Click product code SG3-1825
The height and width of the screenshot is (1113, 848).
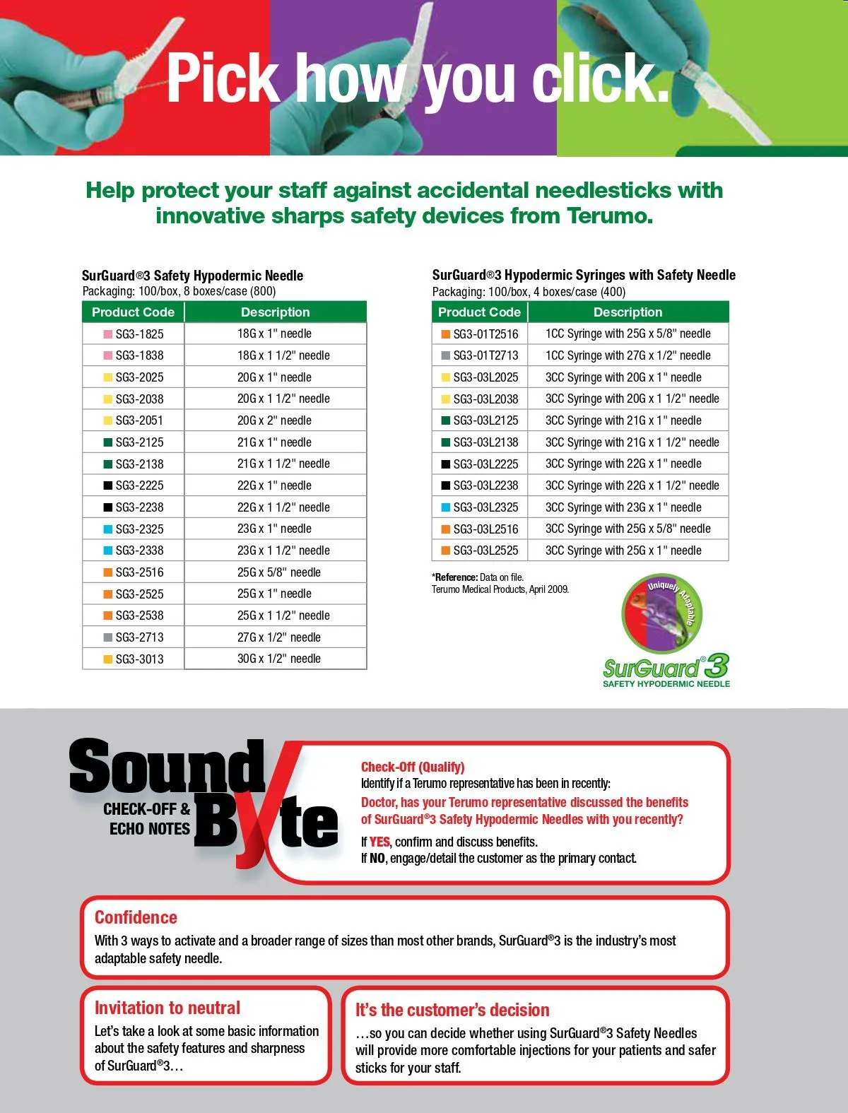139,334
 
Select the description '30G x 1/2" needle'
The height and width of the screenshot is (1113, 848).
278,659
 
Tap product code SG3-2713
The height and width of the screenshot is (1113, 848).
139,637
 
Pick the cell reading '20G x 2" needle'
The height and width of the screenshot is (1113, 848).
274,420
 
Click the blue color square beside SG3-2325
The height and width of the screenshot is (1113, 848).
108,529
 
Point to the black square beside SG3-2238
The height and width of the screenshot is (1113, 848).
108,507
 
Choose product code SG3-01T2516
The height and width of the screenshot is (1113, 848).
485,334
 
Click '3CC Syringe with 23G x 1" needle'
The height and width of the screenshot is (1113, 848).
623,507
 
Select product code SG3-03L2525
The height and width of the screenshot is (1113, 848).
485,550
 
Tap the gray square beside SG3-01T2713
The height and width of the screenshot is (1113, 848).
445,355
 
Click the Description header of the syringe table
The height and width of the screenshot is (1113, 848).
628,312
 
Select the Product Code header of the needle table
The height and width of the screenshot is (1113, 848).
133,312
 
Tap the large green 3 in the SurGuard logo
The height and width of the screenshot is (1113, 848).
716,666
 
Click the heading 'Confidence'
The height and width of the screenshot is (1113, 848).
136,917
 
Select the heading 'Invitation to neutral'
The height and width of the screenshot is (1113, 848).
167,1008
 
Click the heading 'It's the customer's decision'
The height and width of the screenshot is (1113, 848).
452,1010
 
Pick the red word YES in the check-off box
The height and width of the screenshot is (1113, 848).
379,842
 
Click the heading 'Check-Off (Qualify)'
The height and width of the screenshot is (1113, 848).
413,767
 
